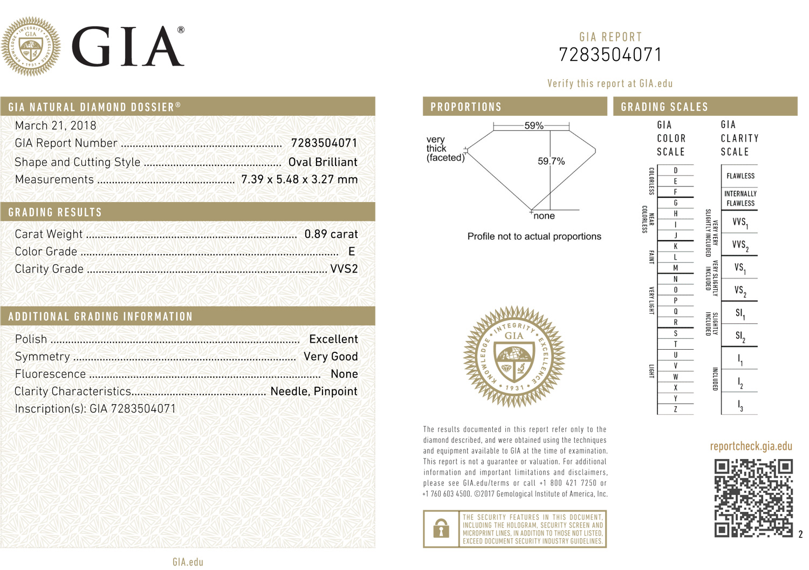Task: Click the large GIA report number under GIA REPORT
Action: point(610,55)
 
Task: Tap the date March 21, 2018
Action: point(56,126)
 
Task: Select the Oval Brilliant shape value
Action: point(323,162)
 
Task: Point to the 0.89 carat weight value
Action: point(331,234)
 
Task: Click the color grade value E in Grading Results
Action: point(352,252)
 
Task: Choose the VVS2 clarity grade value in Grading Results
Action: point(344,269)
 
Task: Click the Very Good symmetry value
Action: point(331,357)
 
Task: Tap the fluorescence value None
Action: point(344,374)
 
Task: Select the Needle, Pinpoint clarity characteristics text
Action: point(313,392)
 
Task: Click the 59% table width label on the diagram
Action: point(534,126)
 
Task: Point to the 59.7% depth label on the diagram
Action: point(551,162)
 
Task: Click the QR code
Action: point(753,498)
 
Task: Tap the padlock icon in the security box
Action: point(441,529)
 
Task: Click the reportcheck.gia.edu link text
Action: point(751,446)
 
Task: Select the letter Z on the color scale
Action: point(675,409)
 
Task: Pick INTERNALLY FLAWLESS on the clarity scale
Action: point(740,198)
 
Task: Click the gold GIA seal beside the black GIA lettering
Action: point(31,46)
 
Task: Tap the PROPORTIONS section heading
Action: point(466,107)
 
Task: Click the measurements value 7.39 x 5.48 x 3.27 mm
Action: point(299,179)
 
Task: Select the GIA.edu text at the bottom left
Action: point(188,562)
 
